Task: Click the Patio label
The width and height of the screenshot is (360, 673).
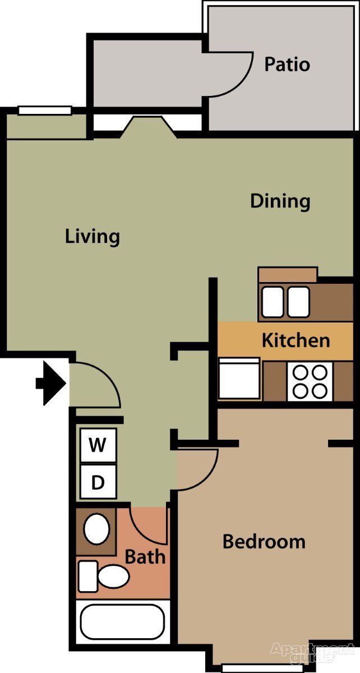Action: pyautogui.click(x=287, y=64)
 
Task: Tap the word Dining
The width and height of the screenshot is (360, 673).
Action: pyautogui.click(x=280, y=201)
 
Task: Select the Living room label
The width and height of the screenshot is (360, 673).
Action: pyautogui.click(x=93, y=236)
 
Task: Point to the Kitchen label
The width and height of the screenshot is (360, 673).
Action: pyautogui.click(x=296, y=340)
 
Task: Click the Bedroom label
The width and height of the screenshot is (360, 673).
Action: pyautogui.click(x=264, y=542)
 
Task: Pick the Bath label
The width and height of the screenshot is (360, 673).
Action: pyautogui.click(x=145, y=557)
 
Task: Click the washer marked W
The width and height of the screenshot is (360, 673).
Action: pyautogui.click(x=98, y=446)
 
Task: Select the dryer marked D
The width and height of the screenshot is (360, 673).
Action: pyautogui.click(x=98, y=482)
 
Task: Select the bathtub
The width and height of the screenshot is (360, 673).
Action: pyautogui.click(x=122, y=621)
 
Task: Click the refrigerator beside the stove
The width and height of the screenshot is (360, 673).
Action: pyautogui.click(x=239, y=380)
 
